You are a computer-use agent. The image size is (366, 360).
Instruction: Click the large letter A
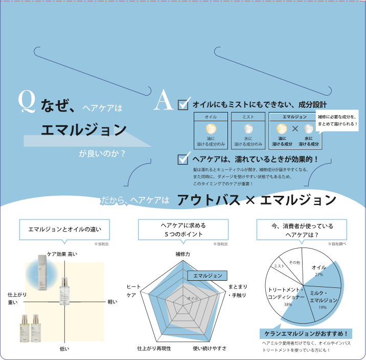coord(164,101)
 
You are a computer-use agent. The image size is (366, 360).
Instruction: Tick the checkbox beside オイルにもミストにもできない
coord(184,104)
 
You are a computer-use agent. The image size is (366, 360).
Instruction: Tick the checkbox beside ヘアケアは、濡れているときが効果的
coord(184,159)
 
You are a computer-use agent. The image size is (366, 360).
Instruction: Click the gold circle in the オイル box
coord(211,128)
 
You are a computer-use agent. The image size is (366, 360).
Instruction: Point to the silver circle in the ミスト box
coord(248,128)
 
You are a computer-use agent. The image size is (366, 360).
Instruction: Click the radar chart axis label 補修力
coord(182,254)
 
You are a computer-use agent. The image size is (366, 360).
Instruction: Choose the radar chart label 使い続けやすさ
coord(210,348)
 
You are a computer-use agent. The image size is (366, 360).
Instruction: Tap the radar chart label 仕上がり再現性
coord(154,348)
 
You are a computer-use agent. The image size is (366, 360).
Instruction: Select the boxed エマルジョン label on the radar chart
coord(208,276)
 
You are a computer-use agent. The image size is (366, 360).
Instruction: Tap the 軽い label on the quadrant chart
coord(112,302)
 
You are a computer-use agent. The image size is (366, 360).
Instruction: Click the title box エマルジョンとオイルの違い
coord(57,229)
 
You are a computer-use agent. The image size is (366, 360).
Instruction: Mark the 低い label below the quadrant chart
coord(64,348)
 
